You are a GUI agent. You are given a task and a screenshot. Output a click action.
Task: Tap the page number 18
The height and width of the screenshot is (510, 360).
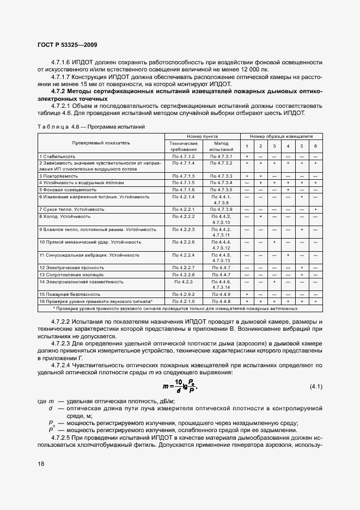click(x=41, y=463)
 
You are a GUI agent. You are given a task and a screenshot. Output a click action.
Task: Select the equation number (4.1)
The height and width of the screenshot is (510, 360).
click(x=316, y=387)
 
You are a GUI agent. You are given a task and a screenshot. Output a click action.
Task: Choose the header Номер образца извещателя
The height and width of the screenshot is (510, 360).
click(x=281, y=135)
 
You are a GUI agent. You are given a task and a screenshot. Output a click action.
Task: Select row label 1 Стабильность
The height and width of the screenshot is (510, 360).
click(x=56, y=156)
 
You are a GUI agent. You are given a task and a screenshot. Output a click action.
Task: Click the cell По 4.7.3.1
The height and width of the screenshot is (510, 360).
click(x=221, y=156)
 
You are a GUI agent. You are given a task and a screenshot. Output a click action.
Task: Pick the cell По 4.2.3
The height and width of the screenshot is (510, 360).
click(x=183, y=282)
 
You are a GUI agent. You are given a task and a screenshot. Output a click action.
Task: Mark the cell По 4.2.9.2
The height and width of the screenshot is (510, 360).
click(x=183, y=294)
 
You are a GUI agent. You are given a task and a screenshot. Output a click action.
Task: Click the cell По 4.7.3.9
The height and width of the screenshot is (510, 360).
click(x=221, y=209)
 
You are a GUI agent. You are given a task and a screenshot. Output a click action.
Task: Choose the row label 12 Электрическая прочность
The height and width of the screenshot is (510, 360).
click(x=67, y=268)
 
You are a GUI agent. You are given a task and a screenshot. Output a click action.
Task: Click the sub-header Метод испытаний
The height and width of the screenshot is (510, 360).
click(x=221, y=145)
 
